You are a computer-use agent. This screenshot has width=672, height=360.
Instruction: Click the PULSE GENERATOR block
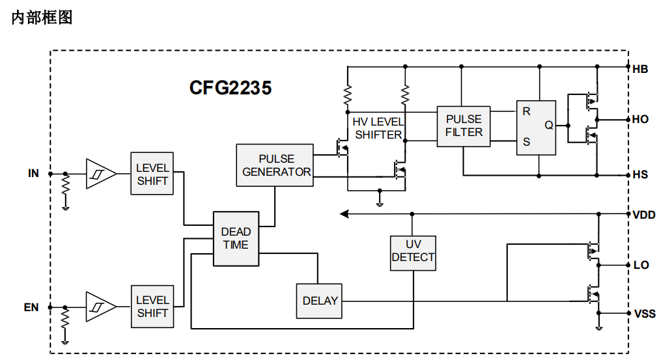[x=275, y=165]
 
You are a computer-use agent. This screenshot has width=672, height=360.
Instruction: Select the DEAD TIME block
[x=236, y=239]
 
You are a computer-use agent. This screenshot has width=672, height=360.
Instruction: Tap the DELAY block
[x=319, y=301]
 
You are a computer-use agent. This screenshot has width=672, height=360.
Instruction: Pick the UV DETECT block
[x=413, y=253]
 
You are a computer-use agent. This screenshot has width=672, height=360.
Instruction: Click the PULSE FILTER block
[x=464, y=126]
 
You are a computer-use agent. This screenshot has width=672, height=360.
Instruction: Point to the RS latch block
[x=536, y=128]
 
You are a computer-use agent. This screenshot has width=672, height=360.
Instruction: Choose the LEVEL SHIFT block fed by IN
[x=152, y=174]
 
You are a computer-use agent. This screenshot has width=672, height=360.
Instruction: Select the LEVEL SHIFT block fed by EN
[x=152, y=307]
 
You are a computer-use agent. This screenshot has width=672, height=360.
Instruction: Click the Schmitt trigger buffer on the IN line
[x=101, y=174]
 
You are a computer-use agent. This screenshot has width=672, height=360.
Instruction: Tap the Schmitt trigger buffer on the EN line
[x=101, y=307]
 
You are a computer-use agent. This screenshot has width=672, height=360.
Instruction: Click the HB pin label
[x=640, y=69]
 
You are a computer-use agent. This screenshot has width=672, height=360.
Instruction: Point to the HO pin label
[x=640, y=119]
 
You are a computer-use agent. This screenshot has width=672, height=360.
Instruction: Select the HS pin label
[x=640, y=174]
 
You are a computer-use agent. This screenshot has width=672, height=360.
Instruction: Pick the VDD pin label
[x=644, y=215]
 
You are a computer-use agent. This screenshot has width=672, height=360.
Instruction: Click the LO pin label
[x=641, y=265]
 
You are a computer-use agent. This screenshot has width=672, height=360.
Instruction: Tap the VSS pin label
[x=645, y=314]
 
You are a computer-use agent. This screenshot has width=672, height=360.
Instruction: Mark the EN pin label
[x=31, y=307]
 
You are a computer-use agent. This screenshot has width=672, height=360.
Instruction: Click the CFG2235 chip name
[x=231, y=87]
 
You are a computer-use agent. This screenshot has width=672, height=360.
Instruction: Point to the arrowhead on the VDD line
[x=344, y=214]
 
